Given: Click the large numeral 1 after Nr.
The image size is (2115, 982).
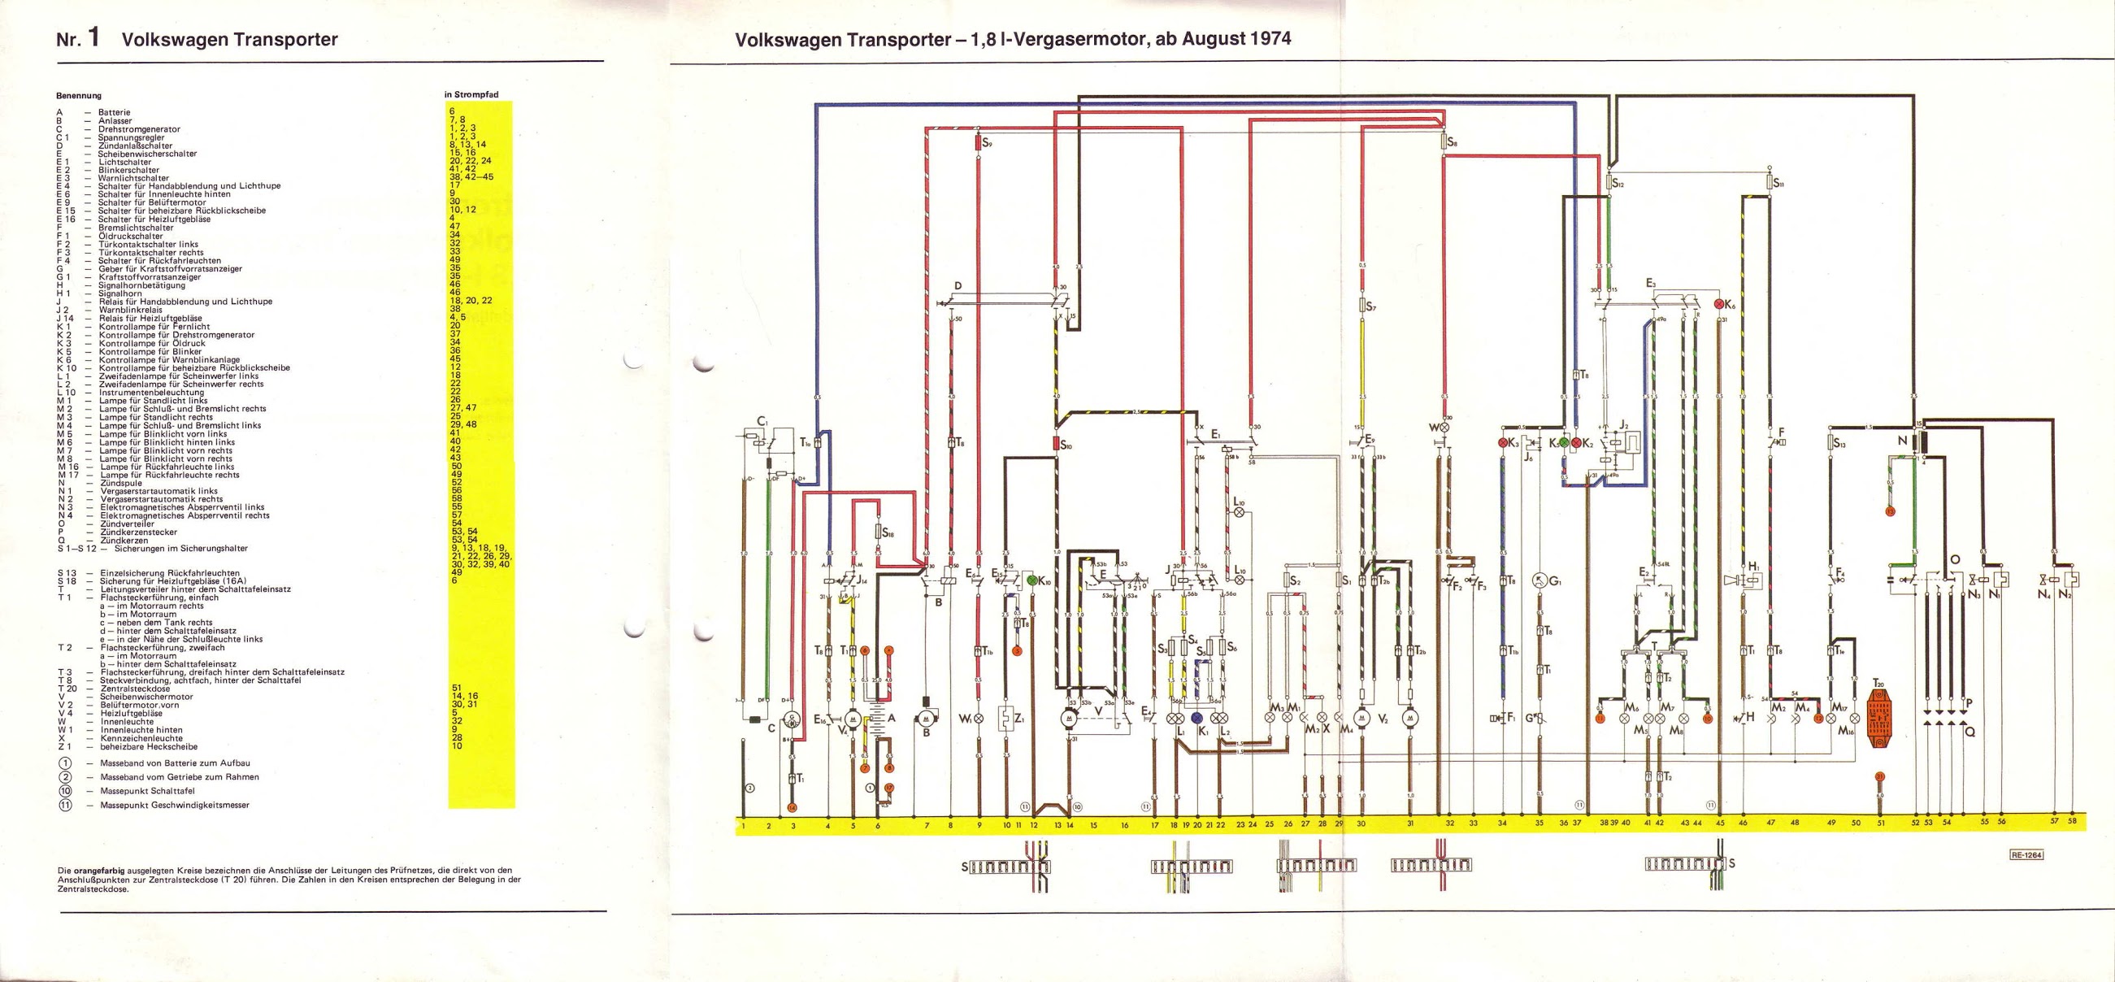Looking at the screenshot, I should point(93,37).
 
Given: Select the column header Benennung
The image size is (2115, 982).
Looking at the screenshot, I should point(79,95).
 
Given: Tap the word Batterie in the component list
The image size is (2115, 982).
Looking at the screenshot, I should point(114,112).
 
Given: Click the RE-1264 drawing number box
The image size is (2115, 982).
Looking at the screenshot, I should point(2026,854).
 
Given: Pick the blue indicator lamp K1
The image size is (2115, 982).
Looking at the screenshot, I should point(1197,718).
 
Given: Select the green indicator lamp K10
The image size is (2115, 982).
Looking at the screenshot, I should point(1031,580).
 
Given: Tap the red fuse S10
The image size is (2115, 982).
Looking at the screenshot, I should point(1057,445).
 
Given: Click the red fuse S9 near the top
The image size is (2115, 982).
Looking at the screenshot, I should point(979,166).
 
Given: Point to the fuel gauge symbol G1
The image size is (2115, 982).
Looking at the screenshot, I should point(1540,581).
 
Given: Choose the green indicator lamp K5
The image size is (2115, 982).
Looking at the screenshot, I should point(1564,443).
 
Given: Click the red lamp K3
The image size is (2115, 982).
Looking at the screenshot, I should point(1503,443).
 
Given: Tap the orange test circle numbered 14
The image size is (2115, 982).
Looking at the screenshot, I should point(793,808).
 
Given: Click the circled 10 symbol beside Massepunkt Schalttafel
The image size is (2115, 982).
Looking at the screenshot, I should point(67,791).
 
